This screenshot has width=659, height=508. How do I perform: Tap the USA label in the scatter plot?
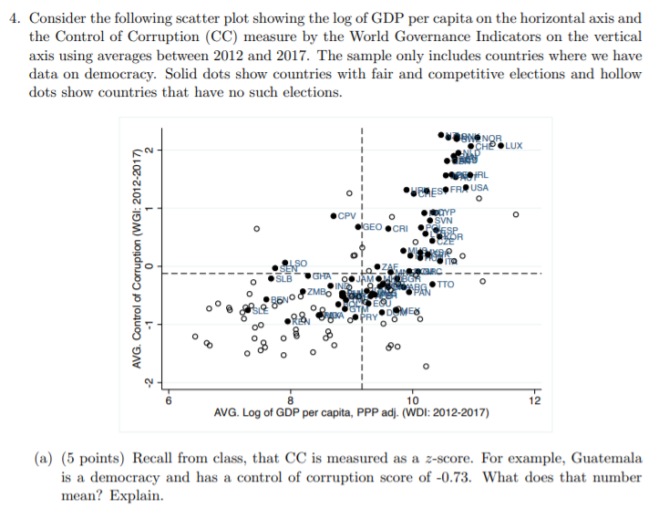479,188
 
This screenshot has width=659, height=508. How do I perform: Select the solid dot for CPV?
334,216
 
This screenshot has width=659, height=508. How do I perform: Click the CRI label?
403,228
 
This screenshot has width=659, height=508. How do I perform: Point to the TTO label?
446,285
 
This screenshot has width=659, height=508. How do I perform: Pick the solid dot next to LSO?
284,263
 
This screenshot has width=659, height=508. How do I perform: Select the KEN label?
302,322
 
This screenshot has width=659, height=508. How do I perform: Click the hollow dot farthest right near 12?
516,215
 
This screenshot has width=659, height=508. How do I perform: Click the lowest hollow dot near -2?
425,367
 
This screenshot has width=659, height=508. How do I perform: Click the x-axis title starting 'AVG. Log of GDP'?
351,413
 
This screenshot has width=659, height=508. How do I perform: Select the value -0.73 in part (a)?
553,477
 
